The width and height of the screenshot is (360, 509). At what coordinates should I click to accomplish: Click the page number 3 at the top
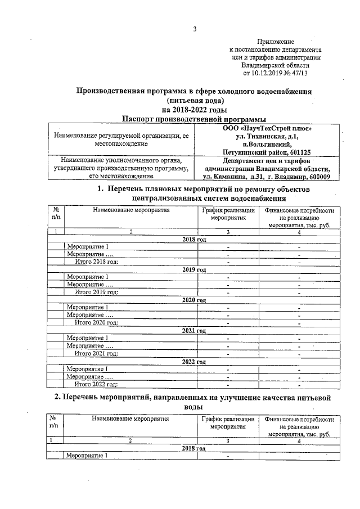click(194, 29)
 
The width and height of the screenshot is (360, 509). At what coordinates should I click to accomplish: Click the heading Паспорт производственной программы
click(194, 118)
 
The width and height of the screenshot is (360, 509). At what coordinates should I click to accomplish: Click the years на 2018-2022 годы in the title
click(195, 109)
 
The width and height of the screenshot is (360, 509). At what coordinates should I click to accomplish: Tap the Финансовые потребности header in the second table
click(301, 420)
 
